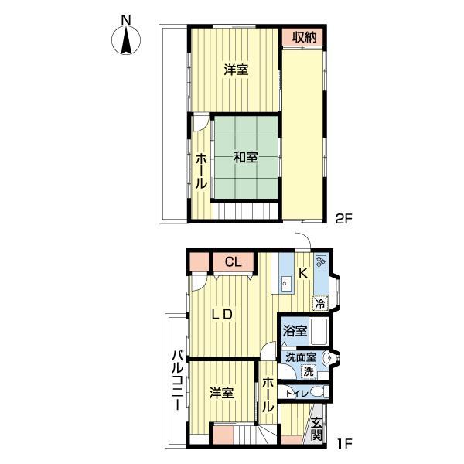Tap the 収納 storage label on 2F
pos(305,37)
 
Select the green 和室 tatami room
pos(245,157)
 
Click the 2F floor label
pos(343,219)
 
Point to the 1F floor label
pos(343,443)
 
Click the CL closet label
pos(234,262)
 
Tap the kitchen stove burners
pos(321,261)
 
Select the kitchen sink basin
pos(285,285)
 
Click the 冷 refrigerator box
pos(321,303)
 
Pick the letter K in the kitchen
pos(302,274)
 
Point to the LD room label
pos(222,315)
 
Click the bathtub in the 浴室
pos(319,331)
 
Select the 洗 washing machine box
pos(309,372)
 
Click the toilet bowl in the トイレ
pos(319,392)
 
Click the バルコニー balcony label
pos(178,380)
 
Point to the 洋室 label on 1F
pos(222,394)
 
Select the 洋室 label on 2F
pos(236,70)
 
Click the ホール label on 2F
pos(201,172)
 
